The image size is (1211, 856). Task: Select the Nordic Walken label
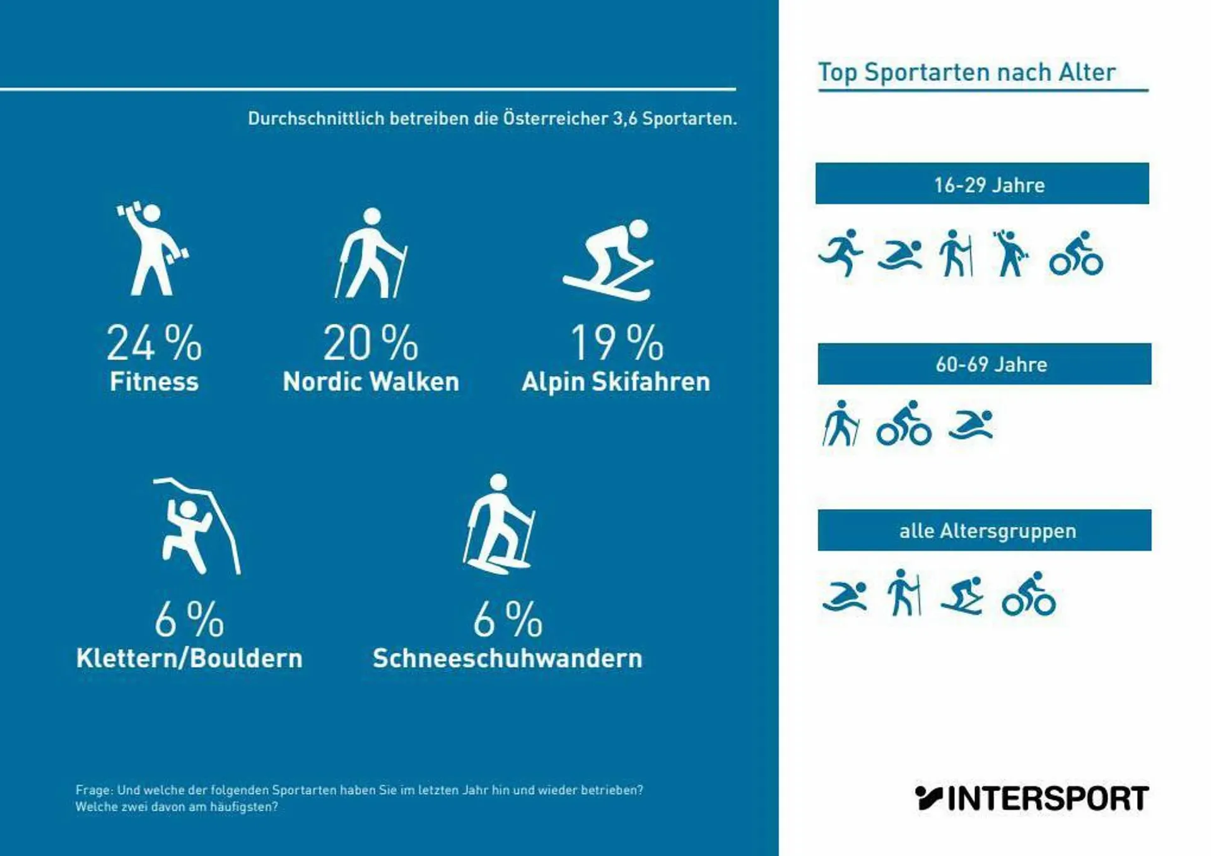pyautogui.click(x=371, y=382)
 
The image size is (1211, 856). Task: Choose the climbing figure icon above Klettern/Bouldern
pyautogui.click(x=196, y=527)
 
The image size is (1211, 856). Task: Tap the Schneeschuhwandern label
pyautogui.click(x=507, y=658)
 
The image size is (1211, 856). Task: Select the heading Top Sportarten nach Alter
pyautogui.click(x=966, y=73)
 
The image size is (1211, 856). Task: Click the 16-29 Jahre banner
pyautogui.click(x=982, y=184)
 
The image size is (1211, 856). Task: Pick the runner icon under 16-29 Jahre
pyautogui.click(x=841, y=252)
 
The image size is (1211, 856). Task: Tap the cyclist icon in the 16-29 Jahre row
pyautogui.click(x=1076, y=254)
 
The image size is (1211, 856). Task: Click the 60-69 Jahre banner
pyautogui.click(x=984, y=364)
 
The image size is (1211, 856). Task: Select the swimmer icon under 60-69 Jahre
pyautogui.click(x=971, y=425)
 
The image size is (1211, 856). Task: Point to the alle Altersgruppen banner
pyautogui.click(x=984, y=531)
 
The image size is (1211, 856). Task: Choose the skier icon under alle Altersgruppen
pyautogui.click(x=962, y=595)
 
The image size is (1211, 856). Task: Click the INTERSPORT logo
pyautogui.click(x=1031, y=798)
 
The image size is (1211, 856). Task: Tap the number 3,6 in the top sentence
pyautogui.click(x=624, y=119)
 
